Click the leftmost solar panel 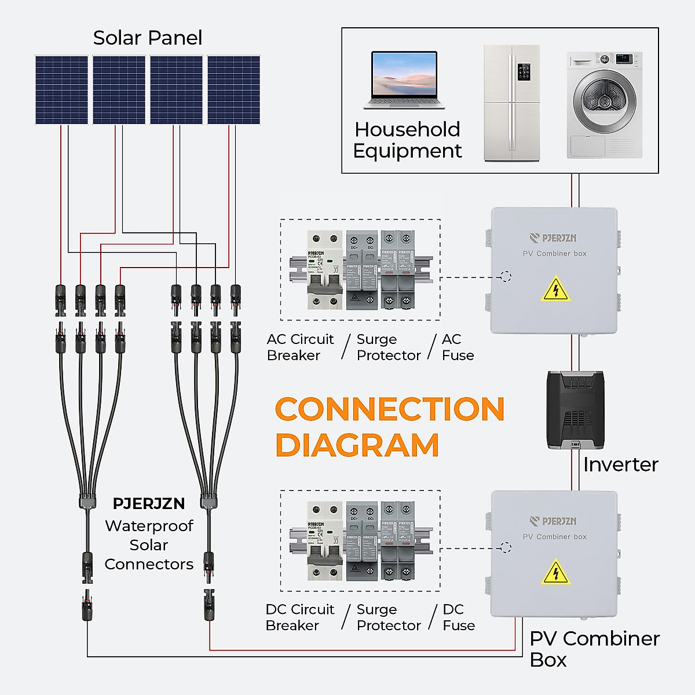pos(61,90)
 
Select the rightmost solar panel pos(233,90)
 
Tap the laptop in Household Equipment pos(404,80)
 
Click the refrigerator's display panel pos(524,72)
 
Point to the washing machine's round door pos(604,102)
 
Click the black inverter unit pos(575,410)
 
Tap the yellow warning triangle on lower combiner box pos(555,572)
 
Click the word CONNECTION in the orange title pos(389,409)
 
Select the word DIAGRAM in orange pos(357,445)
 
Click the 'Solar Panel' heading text pos(147,38)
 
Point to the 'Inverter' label pos(620,464)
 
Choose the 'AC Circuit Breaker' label pos(300,347)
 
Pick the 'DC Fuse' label pos(458,617)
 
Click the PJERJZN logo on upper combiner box pos(553,238)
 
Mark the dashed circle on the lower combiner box pos(506,547)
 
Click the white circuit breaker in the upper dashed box pos(325,270)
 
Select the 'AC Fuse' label pos(458,347)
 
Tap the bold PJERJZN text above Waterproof pos(149,504)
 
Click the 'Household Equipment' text pos(407,140)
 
